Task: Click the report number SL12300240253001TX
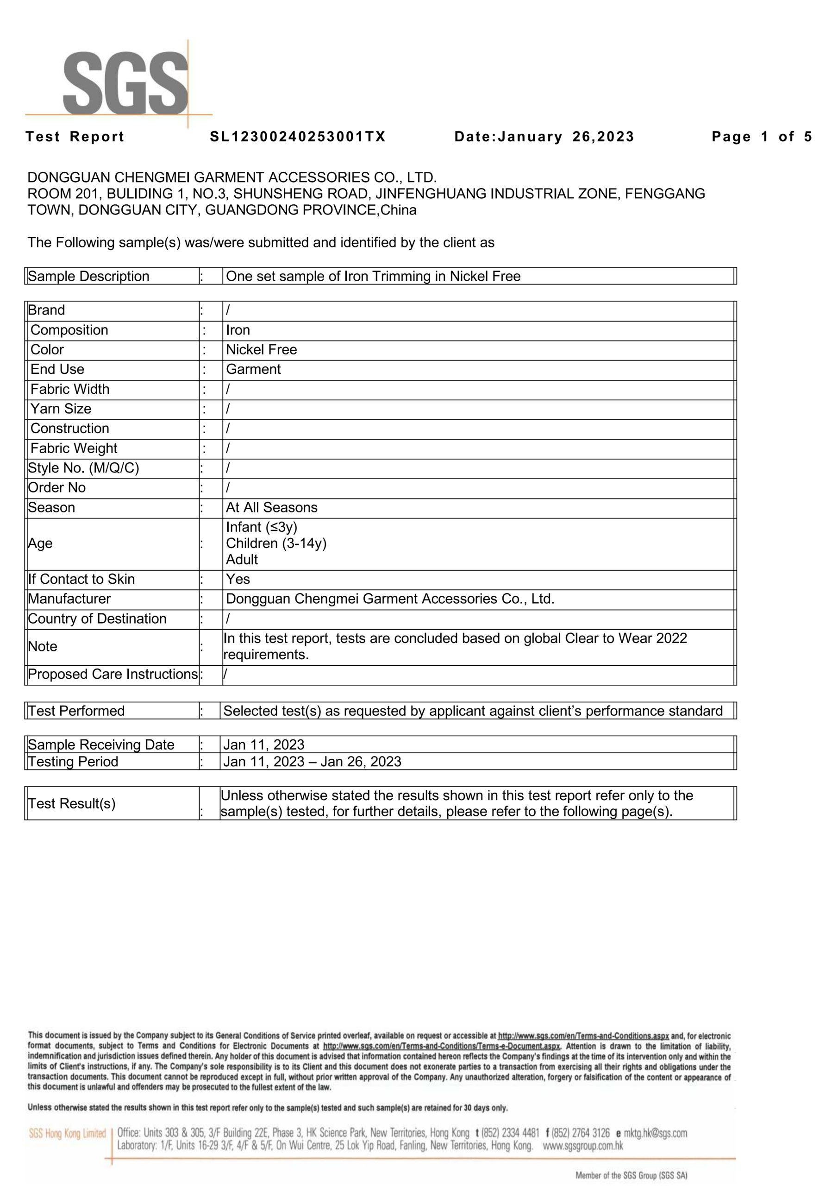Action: [x=297, y=137]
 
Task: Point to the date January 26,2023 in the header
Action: [x=544, y=137]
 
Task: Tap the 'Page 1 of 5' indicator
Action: [x=762, y=137]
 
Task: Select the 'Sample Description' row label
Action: [x=88, y=277]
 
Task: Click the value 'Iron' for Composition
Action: [x=238, y=330]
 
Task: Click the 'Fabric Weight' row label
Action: [x=73, y=448]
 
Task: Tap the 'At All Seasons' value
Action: [x=272, y=508]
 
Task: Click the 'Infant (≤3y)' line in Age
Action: [x=261, y=527]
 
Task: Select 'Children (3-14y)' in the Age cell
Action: [x=276, y=543]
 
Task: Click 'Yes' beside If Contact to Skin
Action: [x=238, y=580]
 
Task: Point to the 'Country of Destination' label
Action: [x=97, y=619]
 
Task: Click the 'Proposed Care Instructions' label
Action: [x=113, y=675]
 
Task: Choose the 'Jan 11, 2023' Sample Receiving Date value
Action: [x=263, y=745]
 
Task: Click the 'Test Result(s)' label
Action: [x=72, y=804]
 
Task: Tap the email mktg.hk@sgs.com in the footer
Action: [x=655, y=1133]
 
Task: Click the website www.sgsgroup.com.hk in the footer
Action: [x=582, y=1146]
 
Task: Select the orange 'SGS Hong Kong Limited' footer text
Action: [x=67, y=1134]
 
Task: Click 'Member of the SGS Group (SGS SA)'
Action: [x=631, y=1176]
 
